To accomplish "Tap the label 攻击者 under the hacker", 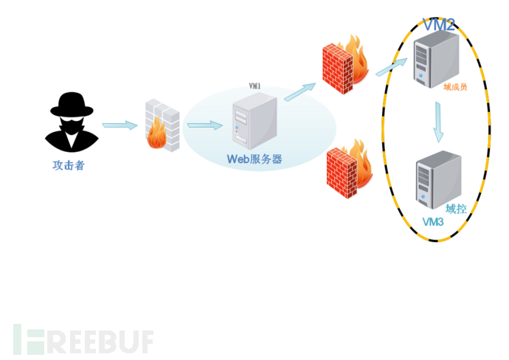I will pyautogui.click(x=69, y=165).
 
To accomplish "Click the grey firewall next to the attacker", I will pyautogui.click(x=162, y=126).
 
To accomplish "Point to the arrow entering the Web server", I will pyautogui.click(x=204, y=125).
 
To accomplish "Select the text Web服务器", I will pyautogui.click(x=254, y=159).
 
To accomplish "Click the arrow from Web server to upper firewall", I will pyautogui.click(x=299, y=91).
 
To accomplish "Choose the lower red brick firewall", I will pyautogui.click(x=349, y=168).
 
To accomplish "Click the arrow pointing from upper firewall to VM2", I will pyautogui.click(x=391, y=68).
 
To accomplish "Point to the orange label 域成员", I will pyautogui.click(x=455, y=86).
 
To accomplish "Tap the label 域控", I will pyautogui.click(x=456, y=209).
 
